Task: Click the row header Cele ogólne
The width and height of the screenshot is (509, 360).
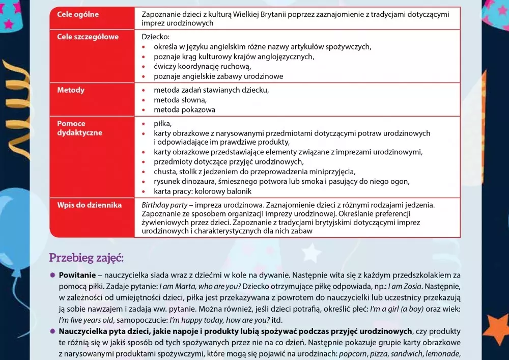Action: [x=78, y=15]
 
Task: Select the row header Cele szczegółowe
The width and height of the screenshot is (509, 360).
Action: [x=88, y=37]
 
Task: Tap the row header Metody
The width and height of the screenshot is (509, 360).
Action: [x=71, y=90]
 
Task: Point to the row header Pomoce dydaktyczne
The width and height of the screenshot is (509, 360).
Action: [x=79, y=128]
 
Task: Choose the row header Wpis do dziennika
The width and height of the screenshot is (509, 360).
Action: [x=89, y=205]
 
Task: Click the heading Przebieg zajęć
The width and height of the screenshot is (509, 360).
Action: [x=87, y=258]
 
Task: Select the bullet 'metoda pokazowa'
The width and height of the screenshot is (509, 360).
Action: [x=184, y=109]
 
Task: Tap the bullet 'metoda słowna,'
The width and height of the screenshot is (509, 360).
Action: [x=180, y=100]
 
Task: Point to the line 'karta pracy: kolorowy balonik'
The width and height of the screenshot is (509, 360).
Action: [x=203, y=191]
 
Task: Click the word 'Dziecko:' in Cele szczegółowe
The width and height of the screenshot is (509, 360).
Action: [x=156, y=37]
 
